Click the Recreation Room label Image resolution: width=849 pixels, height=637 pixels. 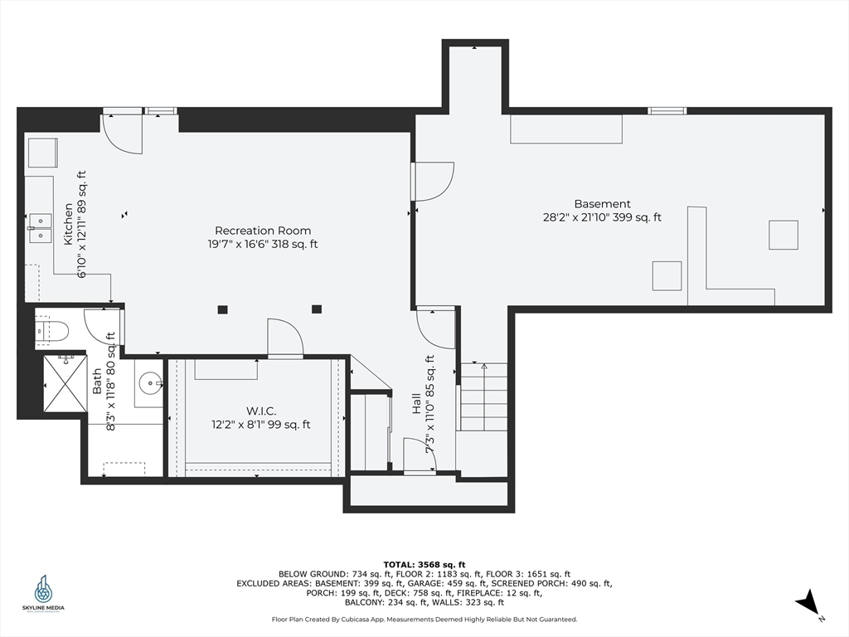(263, 231)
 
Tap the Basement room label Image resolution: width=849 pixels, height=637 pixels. (602, 204)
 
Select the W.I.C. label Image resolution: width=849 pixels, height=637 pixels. (261, 411)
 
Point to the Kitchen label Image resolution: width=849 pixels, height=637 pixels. (69, 224)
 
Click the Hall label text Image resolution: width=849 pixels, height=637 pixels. (416, 404)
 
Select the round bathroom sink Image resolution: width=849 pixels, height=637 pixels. (150, 384)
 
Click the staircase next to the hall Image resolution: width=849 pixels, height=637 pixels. (483, 397)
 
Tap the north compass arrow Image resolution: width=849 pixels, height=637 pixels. (808, 602)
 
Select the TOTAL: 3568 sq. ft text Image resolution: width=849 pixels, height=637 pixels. (424, 564)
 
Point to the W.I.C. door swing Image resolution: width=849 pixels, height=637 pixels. (285, 338)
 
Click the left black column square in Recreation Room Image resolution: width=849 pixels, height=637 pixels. (222, 310)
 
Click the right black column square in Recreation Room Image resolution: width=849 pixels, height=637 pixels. (317, 309)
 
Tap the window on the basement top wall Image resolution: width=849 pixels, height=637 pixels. (667, 111)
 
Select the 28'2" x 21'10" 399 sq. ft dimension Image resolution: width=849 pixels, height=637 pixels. (602, 218)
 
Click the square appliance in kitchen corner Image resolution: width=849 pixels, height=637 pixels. (43, 153)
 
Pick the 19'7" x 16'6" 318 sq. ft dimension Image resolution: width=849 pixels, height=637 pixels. (263, 245)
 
